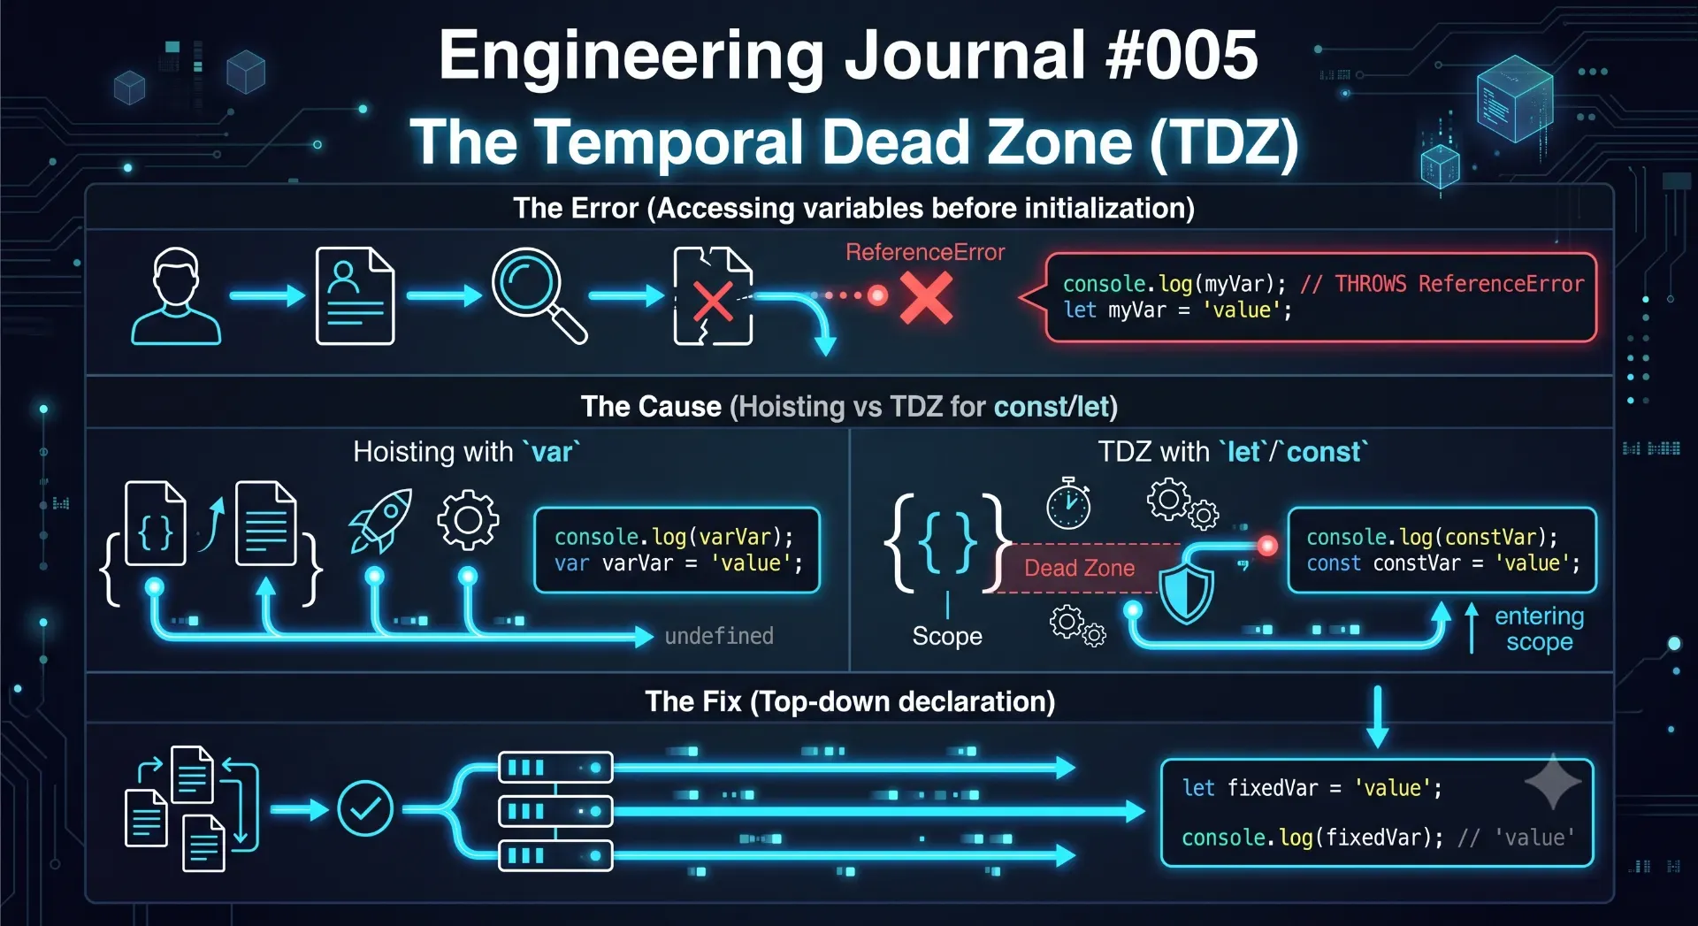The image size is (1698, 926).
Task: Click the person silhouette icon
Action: click(176, 295)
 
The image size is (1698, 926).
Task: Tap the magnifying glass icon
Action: click(539, 294)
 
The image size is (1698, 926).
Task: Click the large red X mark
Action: click(926, 297)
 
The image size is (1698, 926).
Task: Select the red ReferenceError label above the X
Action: click(925, 252)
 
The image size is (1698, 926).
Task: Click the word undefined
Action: click(719, 636)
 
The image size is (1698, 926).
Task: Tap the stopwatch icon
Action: click(1068, 503)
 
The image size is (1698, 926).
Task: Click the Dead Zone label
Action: click(1079, 568)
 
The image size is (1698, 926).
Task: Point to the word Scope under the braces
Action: click(947, 636)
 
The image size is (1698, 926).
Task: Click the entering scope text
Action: click(1539, 629)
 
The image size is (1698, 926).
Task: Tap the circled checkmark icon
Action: click(365, 808)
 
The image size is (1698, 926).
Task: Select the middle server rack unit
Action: click(555, 811)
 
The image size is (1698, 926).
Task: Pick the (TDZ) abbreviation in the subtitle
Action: click(1225, 142)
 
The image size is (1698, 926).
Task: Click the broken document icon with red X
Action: click(713, 295)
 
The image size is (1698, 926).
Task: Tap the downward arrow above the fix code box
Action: click(1377, 716)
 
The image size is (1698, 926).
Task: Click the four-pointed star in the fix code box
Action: click(1553, 782)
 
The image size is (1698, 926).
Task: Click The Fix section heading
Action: click(850, 701)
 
